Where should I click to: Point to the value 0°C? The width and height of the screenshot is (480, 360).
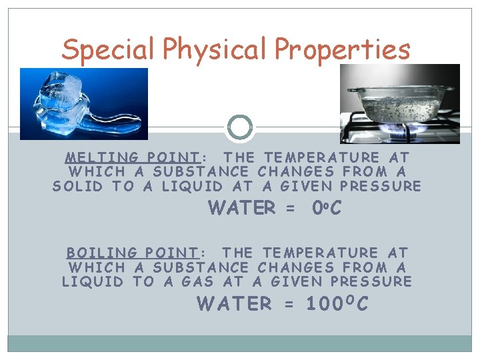[x=327, y=209]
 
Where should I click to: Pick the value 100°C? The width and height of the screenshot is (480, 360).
[x=336, y=304]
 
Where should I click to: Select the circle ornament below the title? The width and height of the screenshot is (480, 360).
[x=240, y=127]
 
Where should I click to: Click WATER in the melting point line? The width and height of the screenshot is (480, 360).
[x=242, y=209]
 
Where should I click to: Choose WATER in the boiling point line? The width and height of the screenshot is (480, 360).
[x=234, y=304]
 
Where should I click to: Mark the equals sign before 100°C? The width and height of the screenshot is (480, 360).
[x=289, y=305]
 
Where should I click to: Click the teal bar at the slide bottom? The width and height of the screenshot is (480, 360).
[x=240, y=343]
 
